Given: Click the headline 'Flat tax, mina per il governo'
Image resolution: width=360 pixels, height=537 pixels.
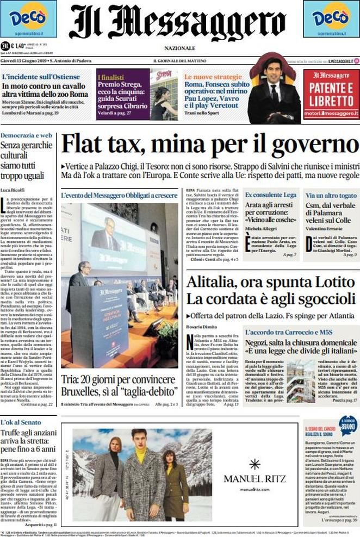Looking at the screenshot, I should [x=210, y=145].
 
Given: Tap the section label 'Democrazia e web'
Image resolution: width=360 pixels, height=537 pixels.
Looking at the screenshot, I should [x=26, y=135].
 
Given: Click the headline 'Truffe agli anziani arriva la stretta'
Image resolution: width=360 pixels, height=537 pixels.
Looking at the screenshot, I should [x=28, y=441].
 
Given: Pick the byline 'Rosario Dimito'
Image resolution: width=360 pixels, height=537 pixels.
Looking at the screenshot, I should [x=202, y=326].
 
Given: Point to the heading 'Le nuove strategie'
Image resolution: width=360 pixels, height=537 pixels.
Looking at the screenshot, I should [x=213, y=77].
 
